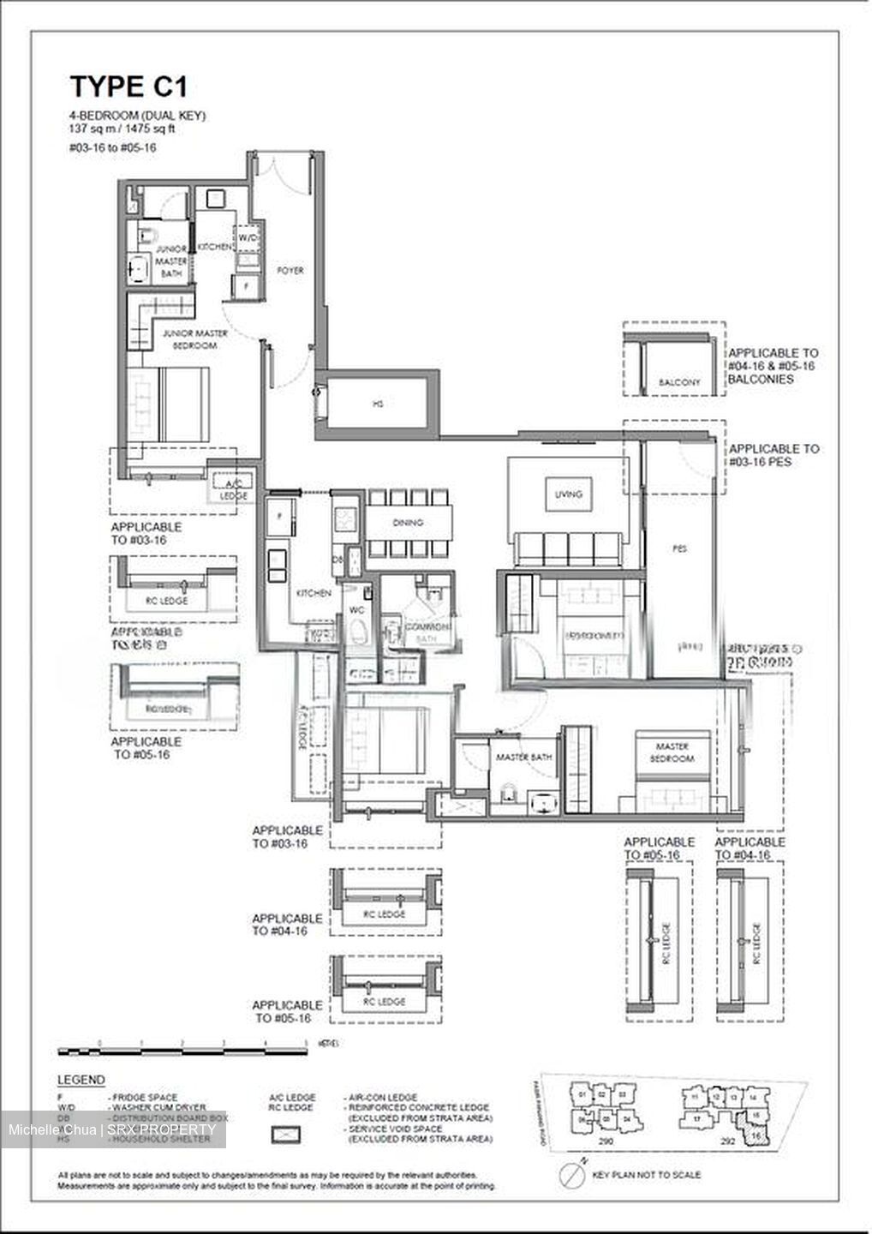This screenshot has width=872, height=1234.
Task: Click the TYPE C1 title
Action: click(128, 87)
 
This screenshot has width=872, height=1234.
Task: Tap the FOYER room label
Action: click(290, 270)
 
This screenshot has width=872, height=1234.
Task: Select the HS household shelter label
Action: click(378, 403)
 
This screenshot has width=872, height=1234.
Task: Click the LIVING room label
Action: click(568, 494)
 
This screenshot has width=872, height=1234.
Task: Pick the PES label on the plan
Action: click(680, 548)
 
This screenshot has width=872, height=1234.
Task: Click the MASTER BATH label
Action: click(524, 758)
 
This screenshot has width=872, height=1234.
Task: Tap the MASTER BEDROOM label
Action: click(672, 752)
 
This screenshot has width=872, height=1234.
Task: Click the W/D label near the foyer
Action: click(248, 237)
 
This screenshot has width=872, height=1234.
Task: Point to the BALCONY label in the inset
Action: click(679, 382)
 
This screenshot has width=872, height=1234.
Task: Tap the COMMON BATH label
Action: click(421, 632)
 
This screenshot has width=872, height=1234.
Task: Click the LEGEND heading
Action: click(81, 1080)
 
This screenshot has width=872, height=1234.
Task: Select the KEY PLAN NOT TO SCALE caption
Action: click(647, 1175)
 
